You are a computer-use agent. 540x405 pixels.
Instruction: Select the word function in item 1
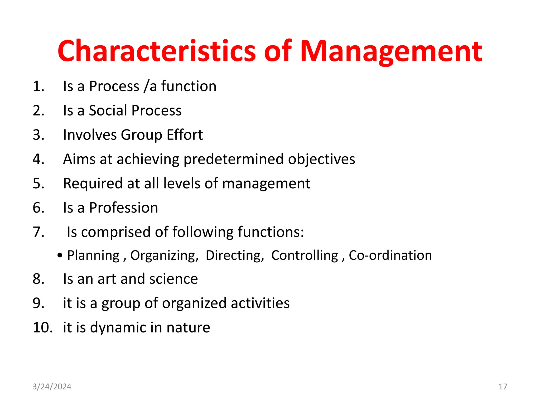point(189,86)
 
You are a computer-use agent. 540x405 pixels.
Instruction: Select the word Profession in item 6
point(123,208)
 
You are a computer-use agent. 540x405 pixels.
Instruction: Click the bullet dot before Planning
point(60,255)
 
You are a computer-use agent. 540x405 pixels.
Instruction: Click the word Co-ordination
point(390,255)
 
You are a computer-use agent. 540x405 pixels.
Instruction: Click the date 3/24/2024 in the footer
point(52,387)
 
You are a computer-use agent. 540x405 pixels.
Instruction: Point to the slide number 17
point(503,387)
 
